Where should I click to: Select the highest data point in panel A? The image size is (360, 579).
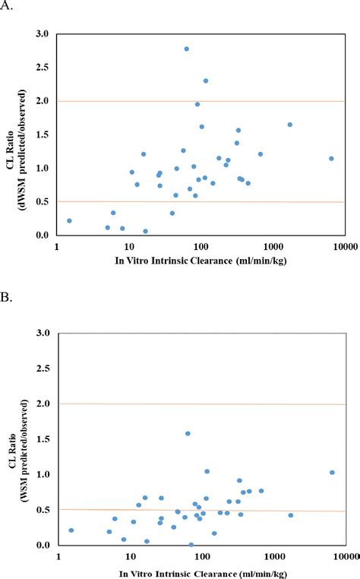[186, 49]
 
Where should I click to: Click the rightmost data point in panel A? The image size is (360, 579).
[331, 158]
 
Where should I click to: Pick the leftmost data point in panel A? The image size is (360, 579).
[69, 221]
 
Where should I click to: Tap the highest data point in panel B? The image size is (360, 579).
[188, 433]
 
